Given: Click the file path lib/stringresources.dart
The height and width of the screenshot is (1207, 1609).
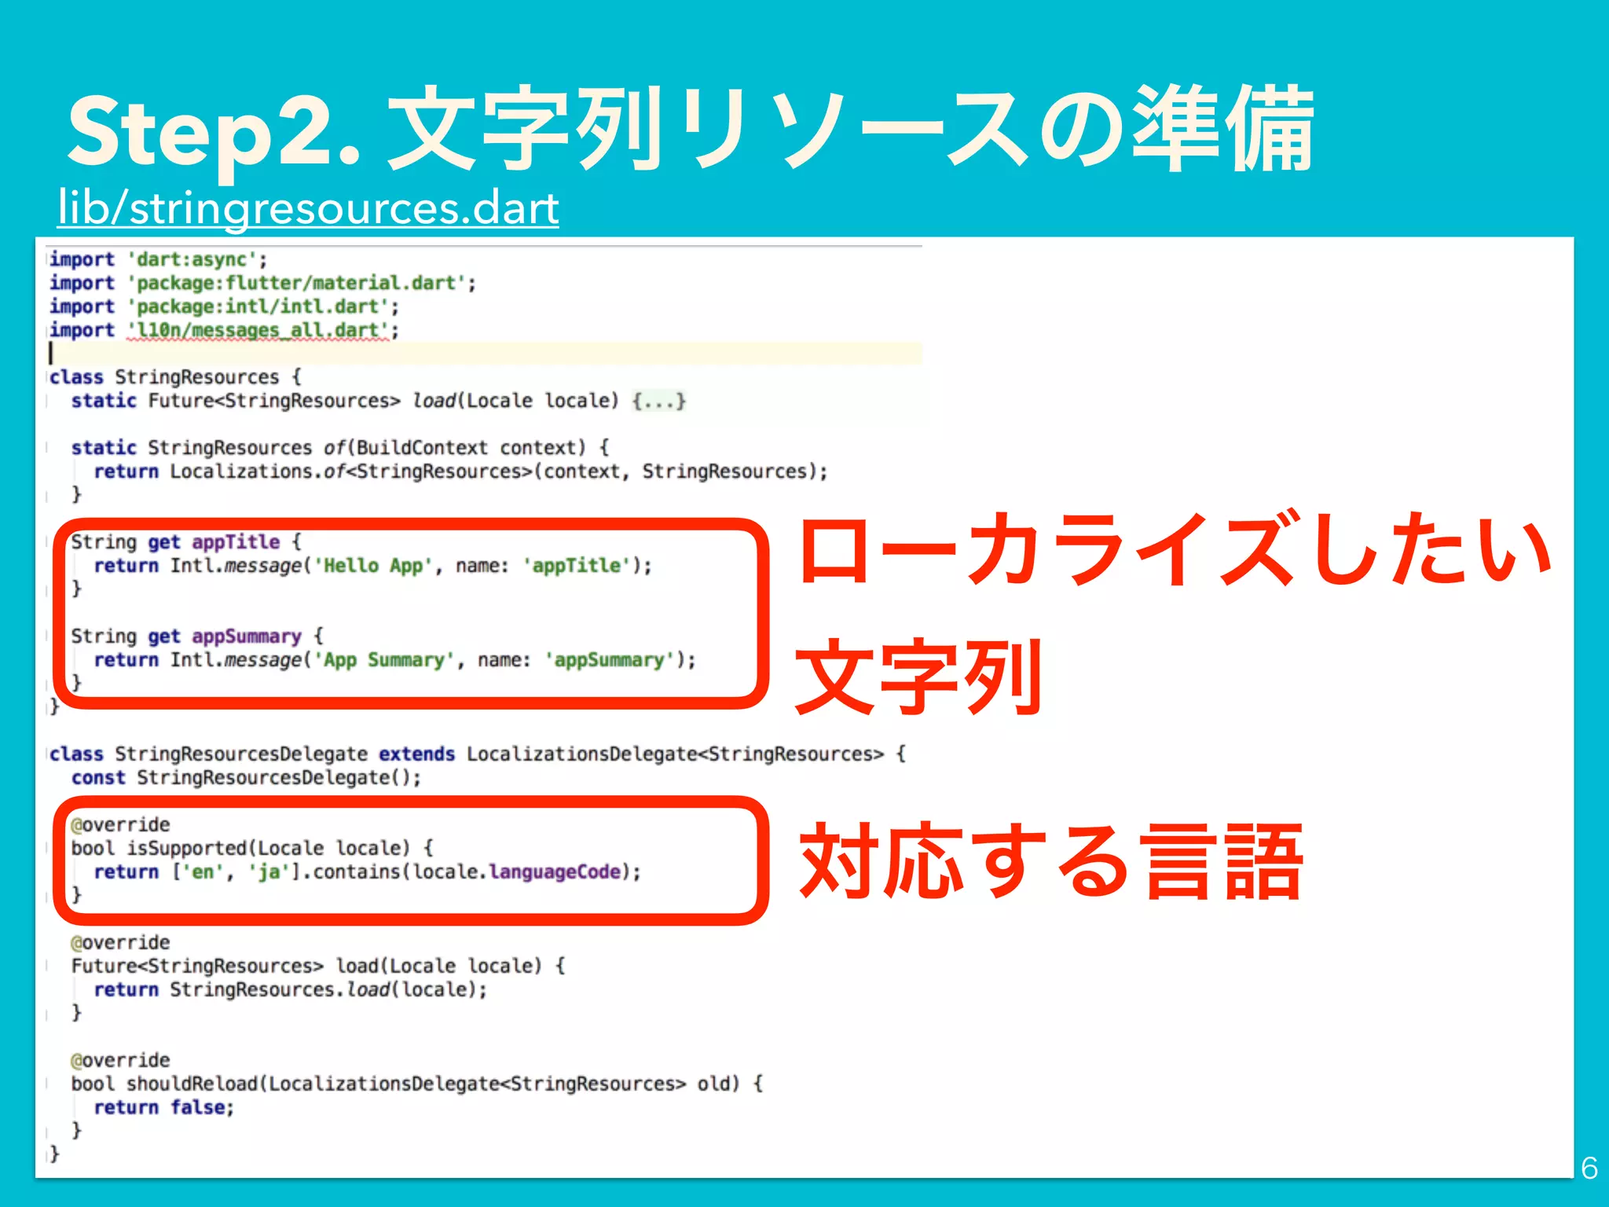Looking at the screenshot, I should pos(308,208).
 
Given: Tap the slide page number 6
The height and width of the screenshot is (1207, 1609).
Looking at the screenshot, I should pos(1589,1168).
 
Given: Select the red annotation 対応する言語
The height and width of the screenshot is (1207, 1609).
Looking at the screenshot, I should pos(1051,862).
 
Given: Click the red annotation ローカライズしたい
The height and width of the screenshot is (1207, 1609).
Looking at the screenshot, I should pos(1175,549).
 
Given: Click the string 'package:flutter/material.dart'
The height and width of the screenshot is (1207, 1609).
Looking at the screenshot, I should pos(297,283).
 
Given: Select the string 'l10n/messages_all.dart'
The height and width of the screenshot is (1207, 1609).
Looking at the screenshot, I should pos(259,330).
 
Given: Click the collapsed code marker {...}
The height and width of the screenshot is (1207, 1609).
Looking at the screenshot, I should pos(658,401).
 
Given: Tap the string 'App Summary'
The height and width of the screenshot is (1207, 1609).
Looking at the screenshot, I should pos(384,660).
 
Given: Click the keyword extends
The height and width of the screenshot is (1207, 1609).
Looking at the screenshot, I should pos(416,754).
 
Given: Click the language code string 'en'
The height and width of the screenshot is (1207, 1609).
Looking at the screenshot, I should pos(203,872).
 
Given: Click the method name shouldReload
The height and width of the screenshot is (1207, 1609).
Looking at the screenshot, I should pos(192,1084).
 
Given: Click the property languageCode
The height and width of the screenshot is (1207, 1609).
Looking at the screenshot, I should pos(555,872).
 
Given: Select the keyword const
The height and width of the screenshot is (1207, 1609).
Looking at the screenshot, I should pos(98,778).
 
